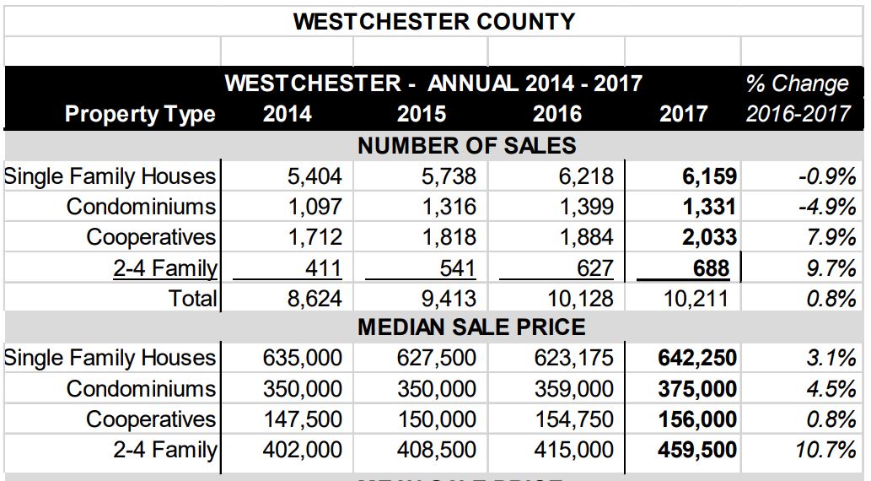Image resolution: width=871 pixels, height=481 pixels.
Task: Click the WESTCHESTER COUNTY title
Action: [x=434, y=21]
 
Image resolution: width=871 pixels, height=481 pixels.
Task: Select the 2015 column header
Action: [x=422, y=114]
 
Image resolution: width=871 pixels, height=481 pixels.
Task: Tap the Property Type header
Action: [x=140, y=114]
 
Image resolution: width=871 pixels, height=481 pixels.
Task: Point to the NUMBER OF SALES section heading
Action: [x=467, y=145]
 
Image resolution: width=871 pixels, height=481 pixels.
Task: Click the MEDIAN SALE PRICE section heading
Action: [x=471, y=327]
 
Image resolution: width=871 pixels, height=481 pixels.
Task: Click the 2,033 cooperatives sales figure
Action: [x=708, y=238]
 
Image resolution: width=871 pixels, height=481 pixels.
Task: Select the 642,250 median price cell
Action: [x=696, y=358]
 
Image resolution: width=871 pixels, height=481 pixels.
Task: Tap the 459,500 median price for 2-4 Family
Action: [x=696, y=450]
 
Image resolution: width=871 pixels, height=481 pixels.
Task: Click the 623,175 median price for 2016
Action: [x=573, y=358]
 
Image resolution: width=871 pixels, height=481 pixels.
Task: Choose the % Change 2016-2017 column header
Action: [x=798, y=99]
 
